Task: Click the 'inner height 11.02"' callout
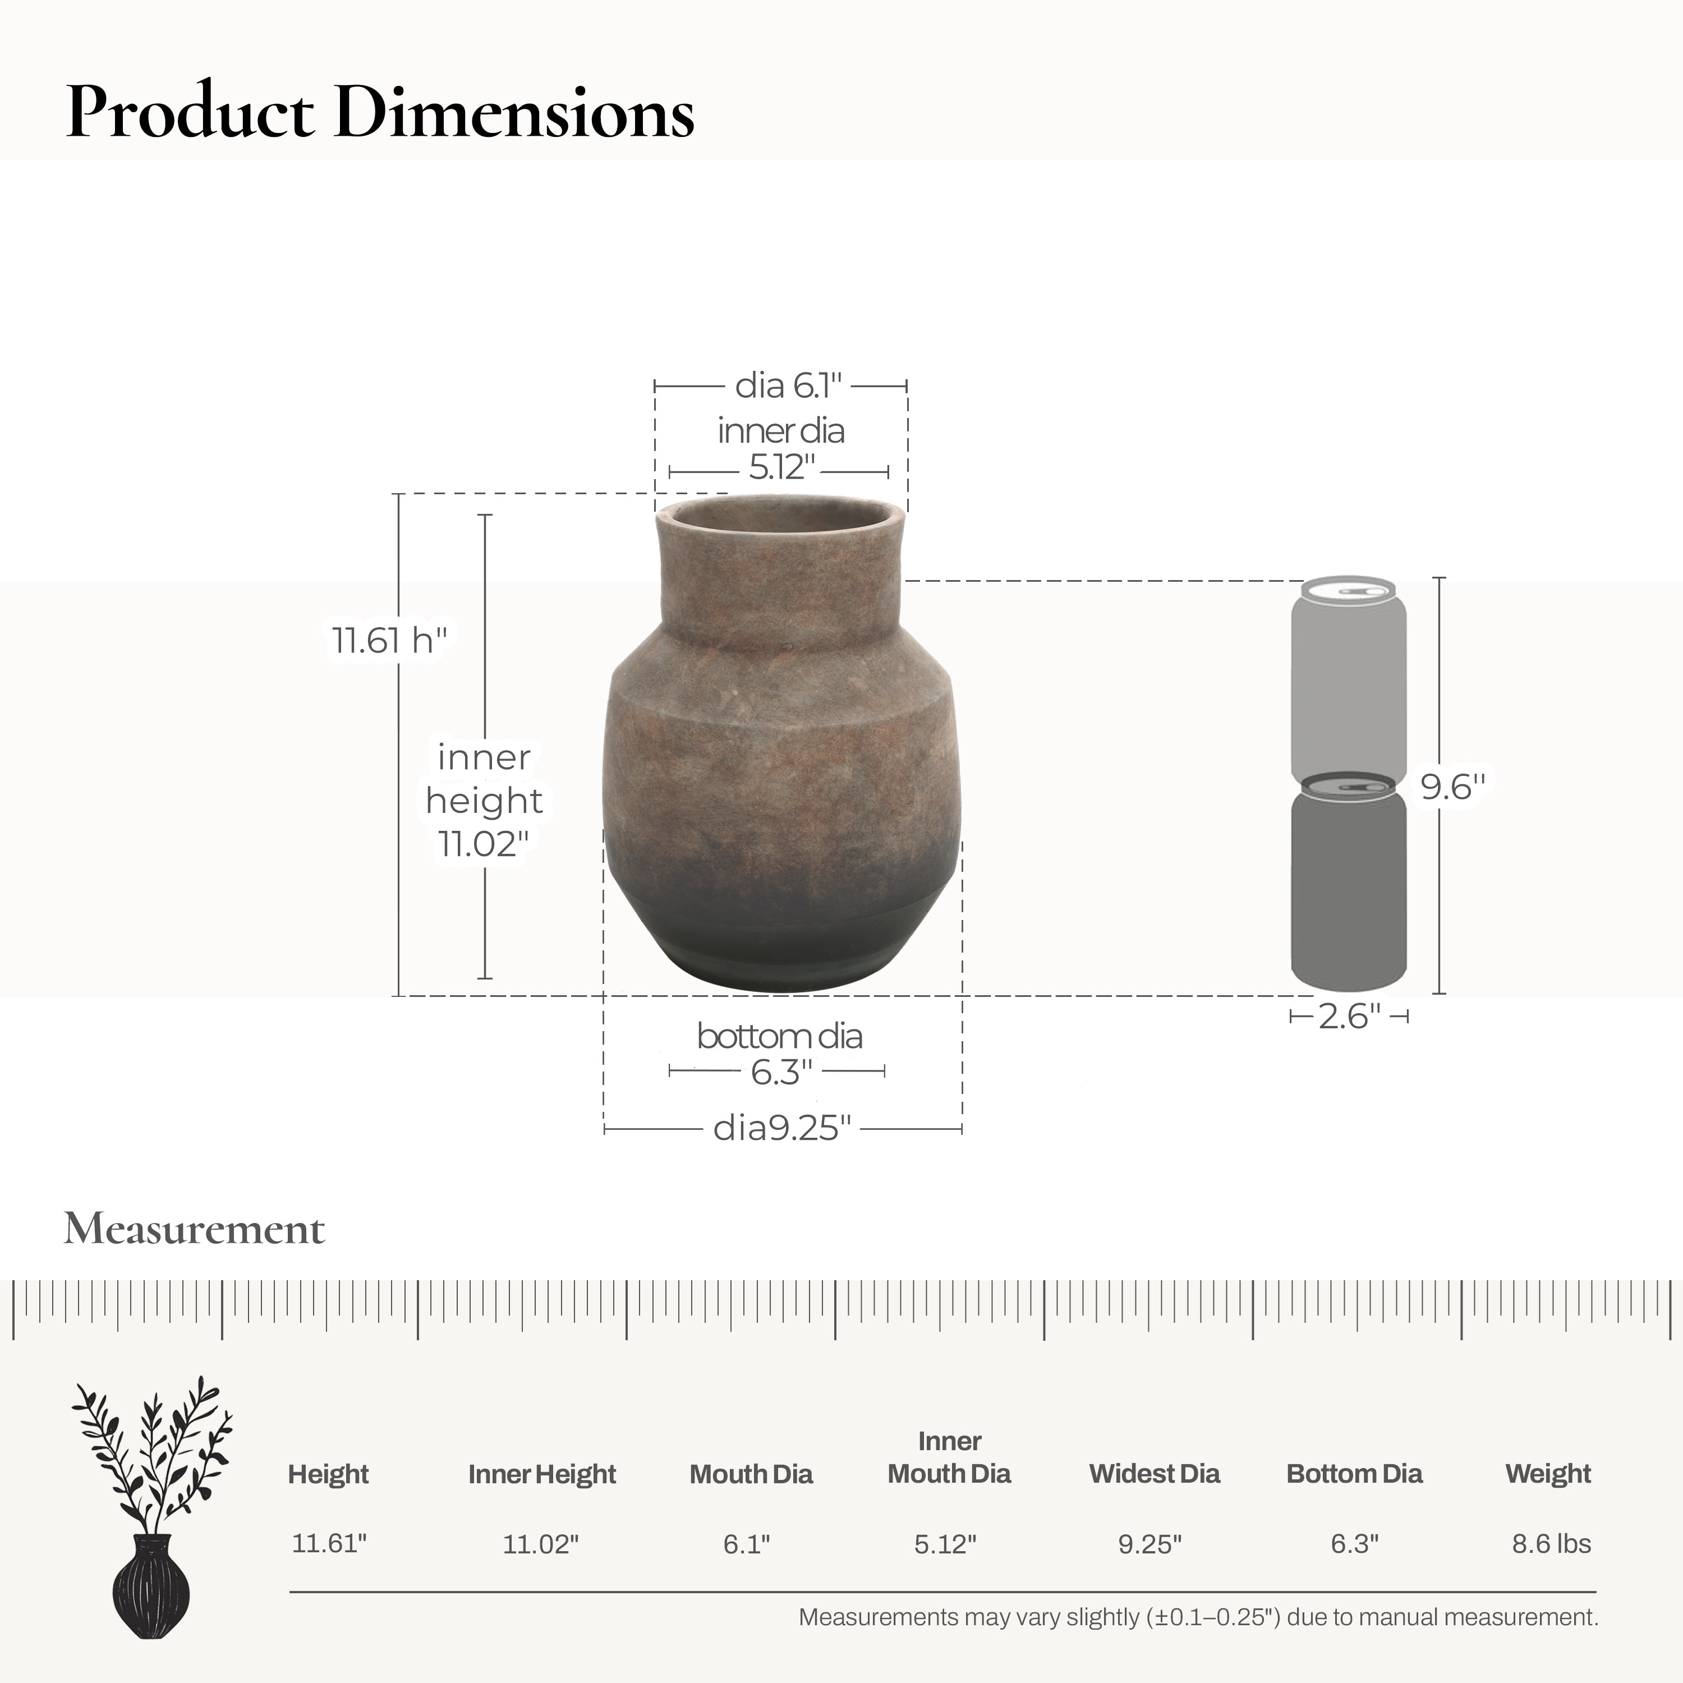[484, 799]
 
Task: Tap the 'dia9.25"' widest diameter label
[781, 1128]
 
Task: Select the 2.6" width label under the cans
[1349, 1017]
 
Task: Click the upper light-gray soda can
[1349, 675]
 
